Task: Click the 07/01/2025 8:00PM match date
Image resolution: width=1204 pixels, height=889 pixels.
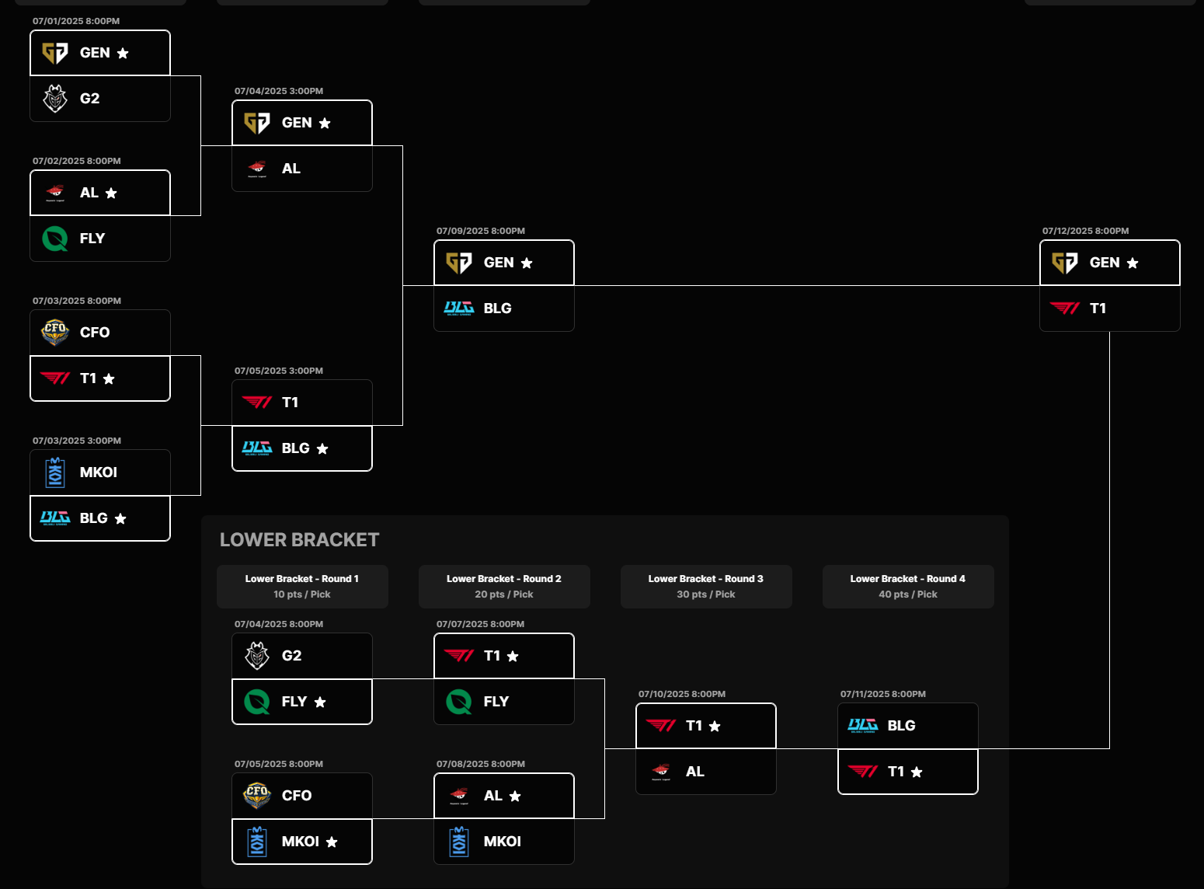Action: (x=76, y=21)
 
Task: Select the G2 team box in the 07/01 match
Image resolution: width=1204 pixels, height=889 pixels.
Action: (x=100, y=98)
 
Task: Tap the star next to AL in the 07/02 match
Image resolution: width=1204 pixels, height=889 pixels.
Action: (x=111, y=193)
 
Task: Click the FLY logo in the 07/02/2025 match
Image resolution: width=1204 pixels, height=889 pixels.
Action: (x=55, y=239)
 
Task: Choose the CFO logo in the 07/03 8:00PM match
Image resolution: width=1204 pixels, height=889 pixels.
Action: (x=55, y=333)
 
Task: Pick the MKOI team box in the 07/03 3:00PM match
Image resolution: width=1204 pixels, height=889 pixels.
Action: (x=100, y=472)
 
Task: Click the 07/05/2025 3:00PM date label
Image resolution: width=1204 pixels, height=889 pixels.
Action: (x=278, y=371)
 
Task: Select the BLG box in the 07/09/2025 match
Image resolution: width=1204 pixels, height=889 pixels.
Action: (x=504, y=309)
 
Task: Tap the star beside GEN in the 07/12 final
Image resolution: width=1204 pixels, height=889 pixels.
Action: (x=1133, y=263)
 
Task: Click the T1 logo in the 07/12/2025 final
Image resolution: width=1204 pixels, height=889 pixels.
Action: (x=1064, y=309)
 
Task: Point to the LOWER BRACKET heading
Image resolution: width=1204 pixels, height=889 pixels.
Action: (x=299, y=540)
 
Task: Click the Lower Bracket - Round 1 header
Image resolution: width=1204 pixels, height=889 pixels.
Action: (x=302, y=587)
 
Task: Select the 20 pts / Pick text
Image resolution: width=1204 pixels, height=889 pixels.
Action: (x=504, y=594)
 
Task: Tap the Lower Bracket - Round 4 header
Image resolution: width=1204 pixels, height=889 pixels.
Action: (x=908, y=587)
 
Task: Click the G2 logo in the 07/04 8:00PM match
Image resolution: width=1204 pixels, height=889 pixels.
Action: (x=257, y=655)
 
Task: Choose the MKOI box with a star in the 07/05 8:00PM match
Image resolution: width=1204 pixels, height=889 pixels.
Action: (x=302, y=842)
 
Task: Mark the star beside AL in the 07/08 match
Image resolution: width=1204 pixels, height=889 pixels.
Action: (x=515, y=796)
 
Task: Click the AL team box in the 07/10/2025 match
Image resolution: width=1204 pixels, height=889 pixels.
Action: (x=705, y=772)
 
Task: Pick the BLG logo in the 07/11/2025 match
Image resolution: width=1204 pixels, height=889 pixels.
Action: (x=862, y=726)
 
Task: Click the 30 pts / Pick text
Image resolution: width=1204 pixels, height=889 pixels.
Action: (x=705, y=594)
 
